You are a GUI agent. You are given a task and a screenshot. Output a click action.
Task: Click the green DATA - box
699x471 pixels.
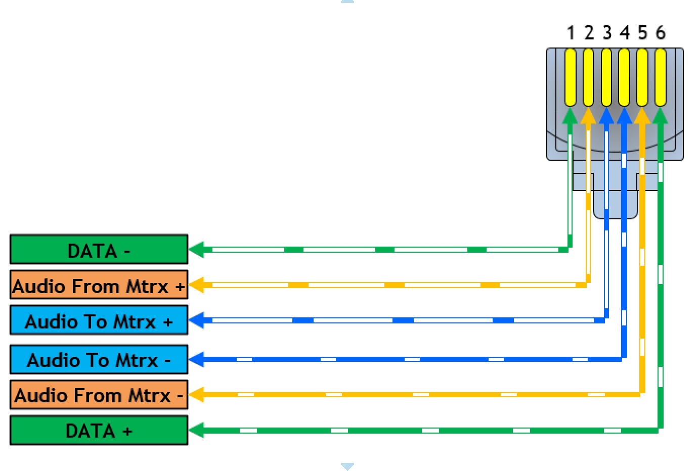[x=99, y=250]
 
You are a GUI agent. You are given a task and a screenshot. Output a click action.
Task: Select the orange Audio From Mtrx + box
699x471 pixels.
[x=99, y=285]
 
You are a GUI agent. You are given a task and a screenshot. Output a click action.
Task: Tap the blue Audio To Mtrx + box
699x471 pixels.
[x=99, y=320]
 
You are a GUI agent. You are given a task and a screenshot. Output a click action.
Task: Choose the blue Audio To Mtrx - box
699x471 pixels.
[x=99, y=359]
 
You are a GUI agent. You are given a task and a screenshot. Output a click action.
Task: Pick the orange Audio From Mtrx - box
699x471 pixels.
[x=99, y=395]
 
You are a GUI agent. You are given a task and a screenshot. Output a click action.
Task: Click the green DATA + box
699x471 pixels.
[x=99, y=431]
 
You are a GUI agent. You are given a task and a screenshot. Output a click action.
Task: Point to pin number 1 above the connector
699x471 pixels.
[x=571, y=33]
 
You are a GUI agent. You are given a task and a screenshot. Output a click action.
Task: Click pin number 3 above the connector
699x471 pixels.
[x=607, y=33]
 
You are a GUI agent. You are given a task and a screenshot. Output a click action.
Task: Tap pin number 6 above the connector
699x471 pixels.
[x=661, y=33]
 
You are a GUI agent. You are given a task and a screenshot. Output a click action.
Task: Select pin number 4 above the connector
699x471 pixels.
[x=625, y=33]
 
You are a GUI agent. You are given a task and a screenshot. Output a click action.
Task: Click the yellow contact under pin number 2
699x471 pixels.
[x=588, y=77]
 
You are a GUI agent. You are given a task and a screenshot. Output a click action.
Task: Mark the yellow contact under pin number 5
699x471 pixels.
[x=642, y=77]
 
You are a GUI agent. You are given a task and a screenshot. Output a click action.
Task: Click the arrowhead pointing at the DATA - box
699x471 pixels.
[x=197, y=249]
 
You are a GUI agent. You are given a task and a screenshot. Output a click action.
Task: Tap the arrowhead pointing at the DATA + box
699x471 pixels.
[x=197, y=431]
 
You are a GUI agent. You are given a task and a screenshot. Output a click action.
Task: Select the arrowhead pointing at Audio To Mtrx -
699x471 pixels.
[x=197, y=359]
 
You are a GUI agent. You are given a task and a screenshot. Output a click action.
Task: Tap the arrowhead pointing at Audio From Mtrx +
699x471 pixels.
[x=197, y=285]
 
